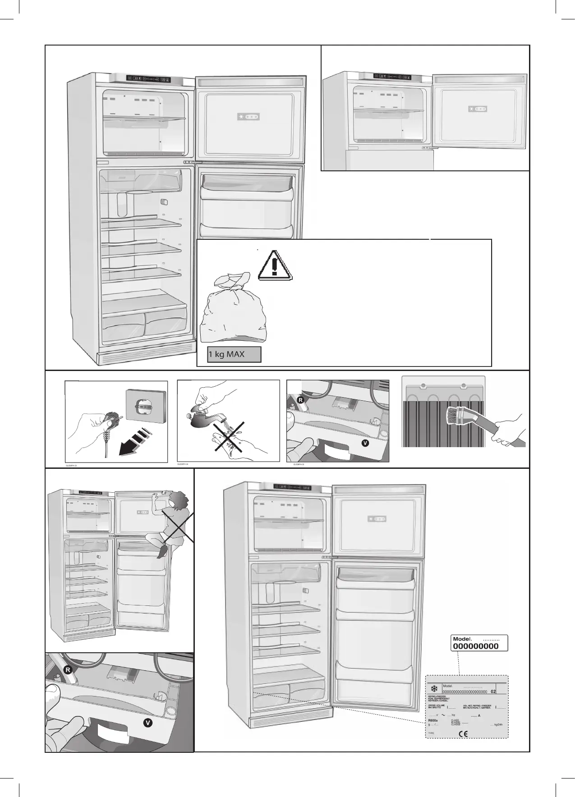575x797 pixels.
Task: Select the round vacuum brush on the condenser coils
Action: (x=456, y=415)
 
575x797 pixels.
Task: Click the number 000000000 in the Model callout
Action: (x=476, y=646)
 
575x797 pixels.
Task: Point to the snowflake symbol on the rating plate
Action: (x=434, y=701)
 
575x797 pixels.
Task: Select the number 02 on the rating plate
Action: (x=494, y=704)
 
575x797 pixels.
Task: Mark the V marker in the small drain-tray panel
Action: (x=366, y=443)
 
